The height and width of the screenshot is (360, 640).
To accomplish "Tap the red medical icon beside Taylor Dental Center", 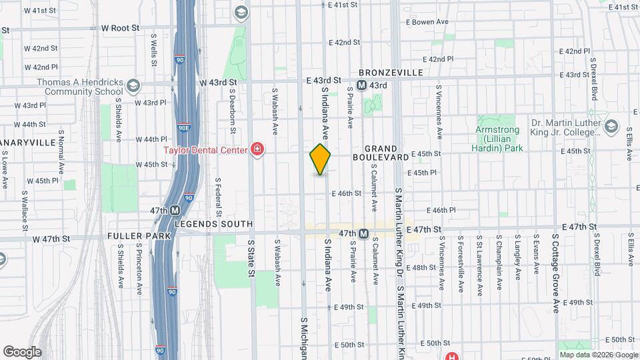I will [255, 149].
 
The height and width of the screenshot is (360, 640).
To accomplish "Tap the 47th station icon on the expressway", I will [175, 210].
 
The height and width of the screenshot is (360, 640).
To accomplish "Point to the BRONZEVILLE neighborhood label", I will [391, 72].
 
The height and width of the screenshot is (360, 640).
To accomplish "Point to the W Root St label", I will [120, 28].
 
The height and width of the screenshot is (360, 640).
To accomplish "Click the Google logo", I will [22, 351].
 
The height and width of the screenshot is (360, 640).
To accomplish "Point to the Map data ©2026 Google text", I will [599, 355].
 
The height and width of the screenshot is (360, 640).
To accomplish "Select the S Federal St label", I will [218, 193].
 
